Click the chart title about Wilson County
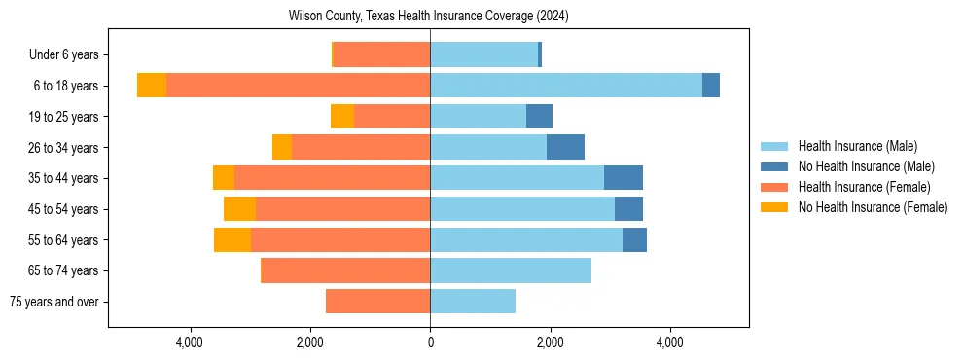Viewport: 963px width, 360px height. [x=429, y=17]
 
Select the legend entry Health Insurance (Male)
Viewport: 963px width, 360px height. [x=857, y=146]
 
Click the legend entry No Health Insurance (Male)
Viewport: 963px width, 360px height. [x=866, y=166]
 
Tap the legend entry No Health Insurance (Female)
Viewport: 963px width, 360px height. [x=873, y=207]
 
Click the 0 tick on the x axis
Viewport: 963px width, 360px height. [x=430, y=342]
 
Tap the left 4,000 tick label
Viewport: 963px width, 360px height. [x=190, y=342]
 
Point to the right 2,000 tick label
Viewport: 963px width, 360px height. [x=551, y=342]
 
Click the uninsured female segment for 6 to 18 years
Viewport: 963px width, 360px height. [x=152, y=86]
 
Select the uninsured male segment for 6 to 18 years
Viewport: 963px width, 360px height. [x=711, y=86]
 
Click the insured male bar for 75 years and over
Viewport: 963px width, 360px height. [x=473, y=302]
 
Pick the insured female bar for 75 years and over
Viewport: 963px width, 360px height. [x=377, y=302]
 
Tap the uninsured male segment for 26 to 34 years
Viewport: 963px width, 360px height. [x=565, y=147]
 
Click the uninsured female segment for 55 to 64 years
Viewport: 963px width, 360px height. [x=232, y=239]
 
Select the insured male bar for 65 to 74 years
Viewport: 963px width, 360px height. [x=511, y=270]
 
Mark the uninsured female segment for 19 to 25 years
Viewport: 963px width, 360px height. [x=342, y=117]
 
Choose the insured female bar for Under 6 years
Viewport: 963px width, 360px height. [x=382, y=55]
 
